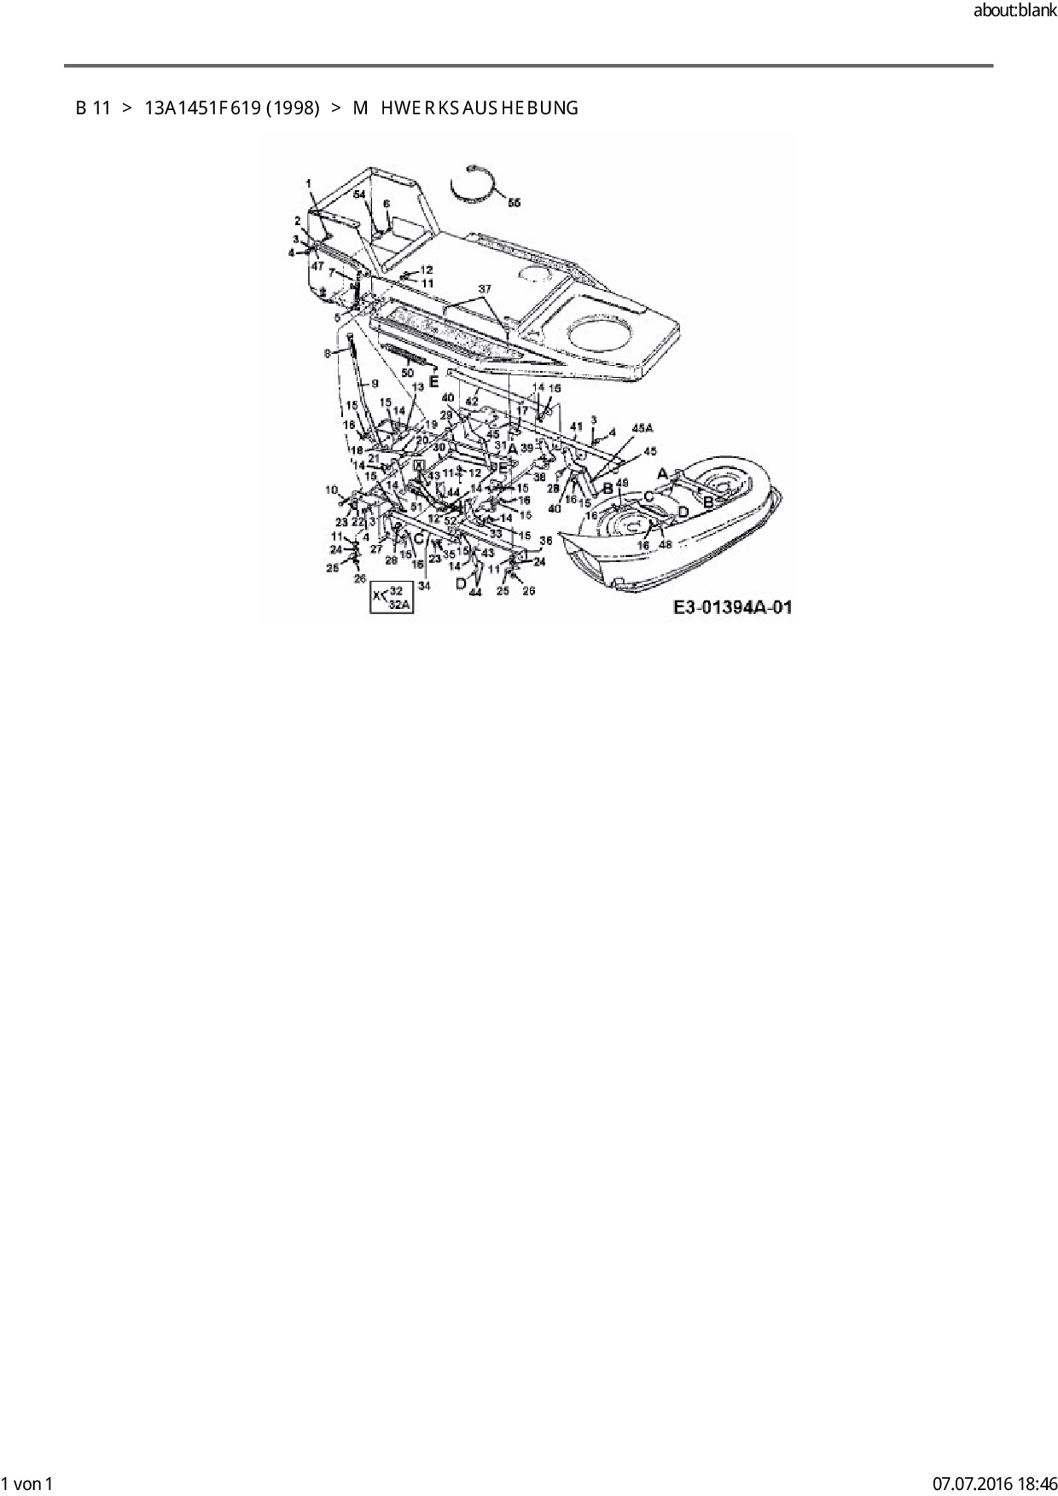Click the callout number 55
(514, 203)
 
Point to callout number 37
(485, 289)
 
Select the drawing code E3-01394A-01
(733, 607)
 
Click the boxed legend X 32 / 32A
(391, 598)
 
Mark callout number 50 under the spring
(407, 374)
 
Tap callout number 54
(359, 195)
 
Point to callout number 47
(317, 266)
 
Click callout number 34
(424, 586)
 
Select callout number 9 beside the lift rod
(373, 384)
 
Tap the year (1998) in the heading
(293, 108)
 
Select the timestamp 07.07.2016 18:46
(994, 1484)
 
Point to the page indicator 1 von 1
(28, 1484)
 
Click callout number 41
(576, 426)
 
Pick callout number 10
(331, 490)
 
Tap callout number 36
(546, 540)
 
